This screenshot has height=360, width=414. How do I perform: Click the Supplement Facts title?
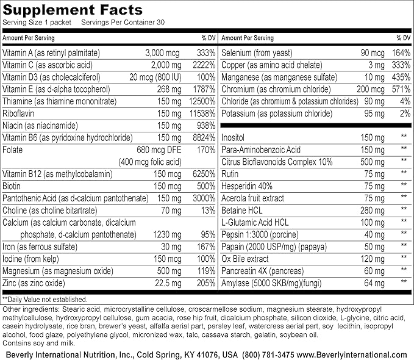click(x=73, y=10)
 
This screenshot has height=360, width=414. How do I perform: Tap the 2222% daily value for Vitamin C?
click(x=203, y=65)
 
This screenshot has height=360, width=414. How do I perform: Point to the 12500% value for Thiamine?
click(x=201, y=101)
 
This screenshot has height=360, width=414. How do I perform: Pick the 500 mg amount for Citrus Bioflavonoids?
click(x=373, y=161)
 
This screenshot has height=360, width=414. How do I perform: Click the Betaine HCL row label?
click(x=241, y=209)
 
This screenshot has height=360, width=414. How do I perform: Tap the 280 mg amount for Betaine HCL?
click(x=373, y=209)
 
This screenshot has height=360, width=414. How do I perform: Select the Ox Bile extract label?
click(x=243, y=256)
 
